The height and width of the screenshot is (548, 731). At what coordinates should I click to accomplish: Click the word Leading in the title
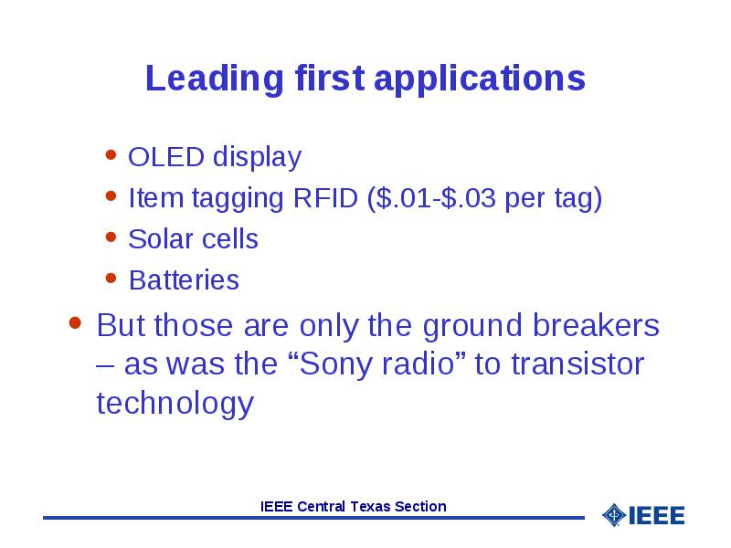coord(215,79)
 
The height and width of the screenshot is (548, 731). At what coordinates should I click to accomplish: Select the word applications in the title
coord(479,79)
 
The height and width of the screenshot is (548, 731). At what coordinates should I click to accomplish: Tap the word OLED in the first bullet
coord(166,156)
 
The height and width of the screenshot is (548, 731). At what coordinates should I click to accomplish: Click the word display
coord(257,157)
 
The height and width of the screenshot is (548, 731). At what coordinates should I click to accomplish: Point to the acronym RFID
coord(325,197)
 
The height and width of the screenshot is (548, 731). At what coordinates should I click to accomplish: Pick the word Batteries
coord(184,280)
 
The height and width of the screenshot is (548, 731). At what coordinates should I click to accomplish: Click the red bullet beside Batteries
coord(111,279)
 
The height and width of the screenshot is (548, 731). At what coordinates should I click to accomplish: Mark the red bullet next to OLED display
coord(111,154)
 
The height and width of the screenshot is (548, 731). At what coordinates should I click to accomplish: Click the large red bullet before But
coord(75,322)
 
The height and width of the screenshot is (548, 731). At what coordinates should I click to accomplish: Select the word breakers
coord(596,325)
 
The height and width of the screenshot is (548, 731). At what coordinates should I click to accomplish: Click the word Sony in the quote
coord(340,364)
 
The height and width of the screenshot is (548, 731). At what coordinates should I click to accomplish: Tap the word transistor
coord(577,364)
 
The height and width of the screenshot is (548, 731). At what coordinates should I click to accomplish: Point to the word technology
coord(175,404)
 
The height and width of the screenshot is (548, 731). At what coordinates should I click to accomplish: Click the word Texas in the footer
coord(369,506)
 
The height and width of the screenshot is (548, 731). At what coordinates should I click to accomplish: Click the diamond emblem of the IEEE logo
coord(614,515)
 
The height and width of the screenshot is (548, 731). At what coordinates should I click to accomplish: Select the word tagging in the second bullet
coord(238,199)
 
